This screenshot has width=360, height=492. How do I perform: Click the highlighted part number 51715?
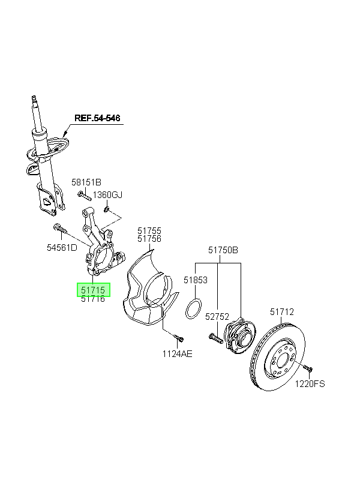pyautogui.click(x=93, y=290)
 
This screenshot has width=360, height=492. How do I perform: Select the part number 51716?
pyautogui.click(x=93, y=299)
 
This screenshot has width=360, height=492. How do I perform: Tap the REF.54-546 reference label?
pyautogui.click(x=97, y=118)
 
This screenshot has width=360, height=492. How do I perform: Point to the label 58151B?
pyautogui.click(x=86, y=182)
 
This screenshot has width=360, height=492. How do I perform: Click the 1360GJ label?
pyautogui.click(x=107, y=195)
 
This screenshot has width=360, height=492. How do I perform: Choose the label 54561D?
pyautogui.click(x=62, y=248)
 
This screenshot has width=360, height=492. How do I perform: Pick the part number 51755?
pyautogui.click(x=149, y=231)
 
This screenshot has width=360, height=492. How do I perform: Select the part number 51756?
pyautogui.click(x=149, y=239)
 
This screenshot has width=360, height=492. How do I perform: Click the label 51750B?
pyautogui.click(x=223, y=250)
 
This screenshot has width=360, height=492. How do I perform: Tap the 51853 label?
pyautogui.click(x=196, y=280)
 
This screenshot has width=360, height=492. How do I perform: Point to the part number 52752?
pyautogui.click(x=217, y=317)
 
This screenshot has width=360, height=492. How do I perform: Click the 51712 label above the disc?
pyautogui.click(x=282, y=311)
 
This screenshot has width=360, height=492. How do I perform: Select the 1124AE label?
pyautogui.click(x=178, y=354)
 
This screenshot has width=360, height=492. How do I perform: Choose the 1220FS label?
pyautogui.click(x=310, y=383)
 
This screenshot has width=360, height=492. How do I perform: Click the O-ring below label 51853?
pyautogui.click(x=193, y=309)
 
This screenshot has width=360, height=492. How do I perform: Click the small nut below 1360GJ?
pyautogui.click(x=106, y=209)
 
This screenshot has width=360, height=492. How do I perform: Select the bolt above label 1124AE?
pyautogui.click(x=179, y=338)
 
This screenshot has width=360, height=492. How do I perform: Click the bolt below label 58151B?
pyautogui.click(x=84, y=195)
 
